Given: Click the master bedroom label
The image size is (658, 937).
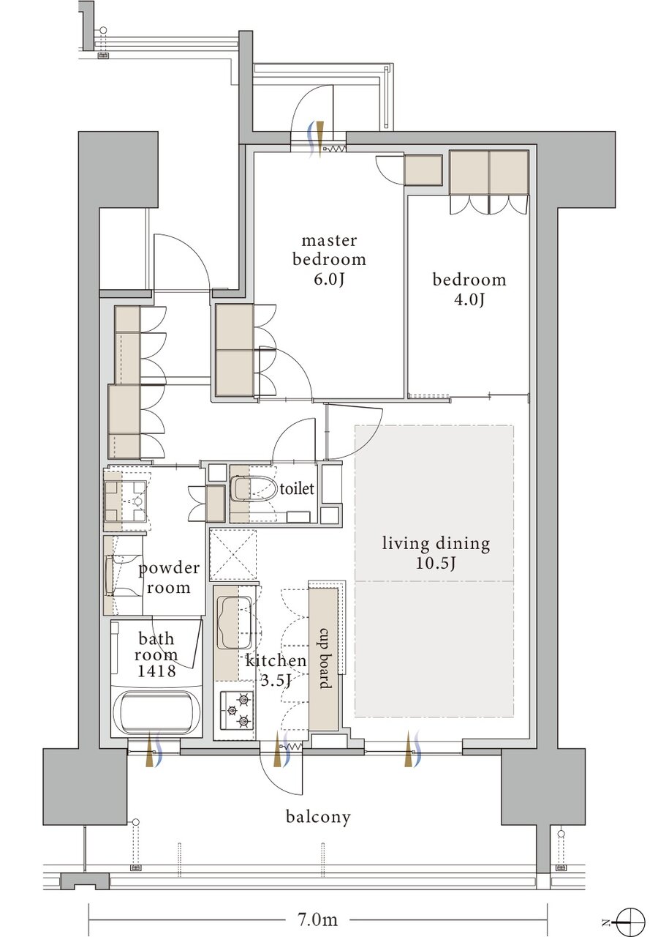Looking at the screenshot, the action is pos(329,260).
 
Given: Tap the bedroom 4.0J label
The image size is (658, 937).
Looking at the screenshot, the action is pos(469,289).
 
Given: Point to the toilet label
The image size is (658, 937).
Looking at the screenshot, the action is pos(297,488).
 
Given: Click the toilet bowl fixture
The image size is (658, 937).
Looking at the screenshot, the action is pos(254,488).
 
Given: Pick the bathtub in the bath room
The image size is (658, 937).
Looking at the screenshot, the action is pos(156,713).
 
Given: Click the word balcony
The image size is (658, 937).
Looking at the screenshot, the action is pos(318,816).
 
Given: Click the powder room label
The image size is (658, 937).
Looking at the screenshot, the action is pos(169,578).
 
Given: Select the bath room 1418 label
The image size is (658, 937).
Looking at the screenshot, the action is pos(156,654).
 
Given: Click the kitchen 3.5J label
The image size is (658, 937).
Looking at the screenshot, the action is pos(276,671).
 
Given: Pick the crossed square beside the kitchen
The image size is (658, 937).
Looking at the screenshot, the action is pos(233,555).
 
